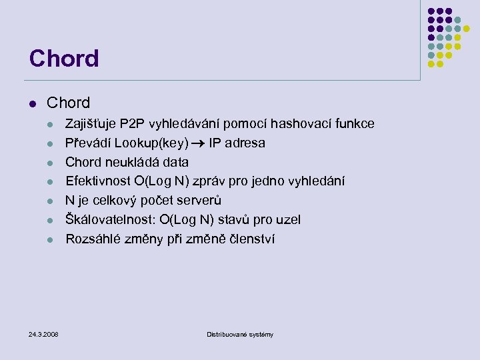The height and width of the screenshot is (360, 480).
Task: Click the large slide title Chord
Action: (64, 59)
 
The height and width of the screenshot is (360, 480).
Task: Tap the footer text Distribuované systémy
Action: (240, 334)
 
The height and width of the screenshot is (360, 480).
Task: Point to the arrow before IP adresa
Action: (199, 143)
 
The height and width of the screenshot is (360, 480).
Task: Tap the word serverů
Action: (197, 201)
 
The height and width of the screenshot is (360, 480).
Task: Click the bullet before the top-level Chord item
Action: (32, 103)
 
